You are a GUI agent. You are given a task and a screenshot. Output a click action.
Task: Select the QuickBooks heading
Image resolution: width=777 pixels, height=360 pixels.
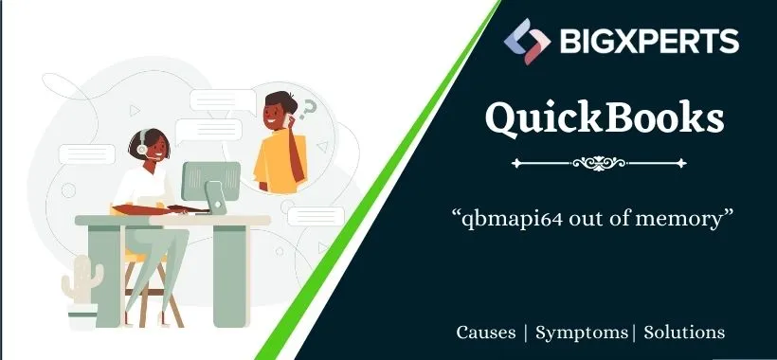click(x=605, y=118)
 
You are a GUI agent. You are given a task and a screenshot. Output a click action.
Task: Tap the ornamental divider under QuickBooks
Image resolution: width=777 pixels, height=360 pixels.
click(x=605, y=163)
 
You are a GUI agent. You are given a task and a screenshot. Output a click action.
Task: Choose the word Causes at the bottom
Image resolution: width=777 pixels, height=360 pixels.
click(x=486, y=333)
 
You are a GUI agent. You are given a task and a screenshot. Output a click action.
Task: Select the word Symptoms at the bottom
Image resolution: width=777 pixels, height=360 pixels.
click(x=581, y=333)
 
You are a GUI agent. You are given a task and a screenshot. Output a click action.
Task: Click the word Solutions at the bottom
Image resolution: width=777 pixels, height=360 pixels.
click(x=684, y=333)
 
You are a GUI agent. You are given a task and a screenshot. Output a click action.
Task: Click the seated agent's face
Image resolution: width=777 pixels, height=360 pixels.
click(x=152, y=148)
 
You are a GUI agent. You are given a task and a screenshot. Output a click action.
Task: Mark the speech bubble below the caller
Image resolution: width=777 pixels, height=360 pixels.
click(x=316, y=215)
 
